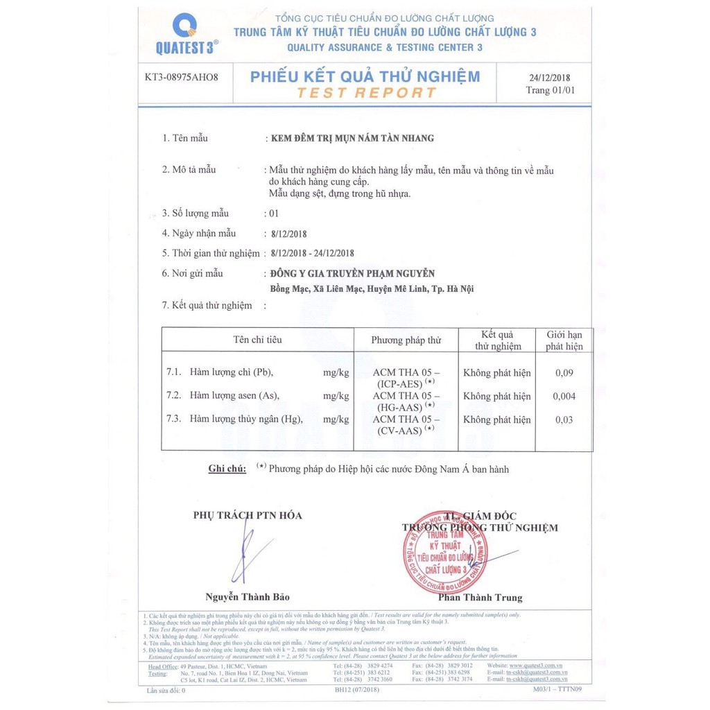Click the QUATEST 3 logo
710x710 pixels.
tap(187, 35)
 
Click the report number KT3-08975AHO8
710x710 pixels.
tap(182, 77)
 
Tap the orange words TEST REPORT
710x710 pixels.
tap(365, 92)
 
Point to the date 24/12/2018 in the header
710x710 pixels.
tap(550, 78)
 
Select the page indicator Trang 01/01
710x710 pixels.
tap(550, 90)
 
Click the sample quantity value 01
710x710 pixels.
tap(273, 214)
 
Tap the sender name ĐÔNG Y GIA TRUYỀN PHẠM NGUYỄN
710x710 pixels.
tap(352, 274)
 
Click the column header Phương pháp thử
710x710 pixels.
tap(406, 340)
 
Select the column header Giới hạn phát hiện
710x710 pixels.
tap(564, 340)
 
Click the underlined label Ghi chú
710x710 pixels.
tap(227, 469)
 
